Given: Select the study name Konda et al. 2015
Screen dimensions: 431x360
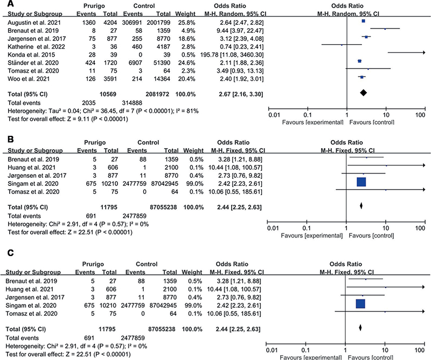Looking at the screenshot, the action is pyautogui.click(x=31, y=55).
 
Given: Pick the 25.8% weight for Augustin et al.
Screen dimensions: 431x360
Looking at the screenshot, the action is pyautogui.click(x=185, y=23).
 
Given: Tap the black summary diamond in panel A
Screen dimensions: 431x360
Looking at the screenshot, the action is pyautogui.click(x=363, y=93).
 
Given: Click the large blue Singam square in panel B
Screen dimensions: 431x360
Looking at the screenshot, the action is pyautogui.click(x=361, y=182).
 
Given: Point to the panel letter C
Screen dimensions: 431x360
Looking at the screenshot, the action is pyautogui.click(x=10, y=253).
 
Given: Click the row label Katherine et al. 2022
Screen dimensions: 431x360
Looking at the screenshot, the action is pyautogui.click(x=36, y=47).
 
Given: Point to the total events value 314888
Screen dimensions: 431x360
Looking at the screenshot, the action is pyautogui.click(x=132, y=103).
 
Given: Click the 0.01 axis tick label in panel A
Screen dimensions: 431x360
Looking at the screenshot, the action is pyautogui.click(x=274, y=115).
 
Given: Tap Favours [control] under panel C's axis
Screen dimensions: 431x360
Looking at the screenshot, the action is pyautogui.click(x=370, y=357).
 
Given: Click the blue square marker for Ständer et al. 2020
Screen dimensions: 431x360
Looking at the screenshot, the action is pyautogui.click(x=359, y=61).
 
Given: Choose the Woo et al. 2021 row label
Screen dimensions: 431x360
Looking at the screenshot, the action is pyautogui.click(x=29, y=79).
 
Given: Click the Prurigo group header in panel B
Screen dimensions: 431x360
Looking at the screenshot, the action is pyautogui.click(x=95, y=142).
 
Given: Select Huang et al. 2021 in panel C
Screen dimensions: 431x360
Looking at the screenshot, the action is pyautogui.click(x=30, y=289).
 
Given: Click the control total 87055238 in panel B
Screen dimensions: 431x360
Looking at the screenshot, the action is pyautogui.click(x=163, y=207).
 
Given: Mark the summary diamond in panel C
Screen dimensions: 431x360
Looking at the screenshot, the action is pyautogui.click(x=360, y=328).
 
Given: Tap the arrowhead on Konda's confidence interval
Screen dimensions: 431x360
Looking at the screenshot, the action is pyautogui.click(x=423, y=52).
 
